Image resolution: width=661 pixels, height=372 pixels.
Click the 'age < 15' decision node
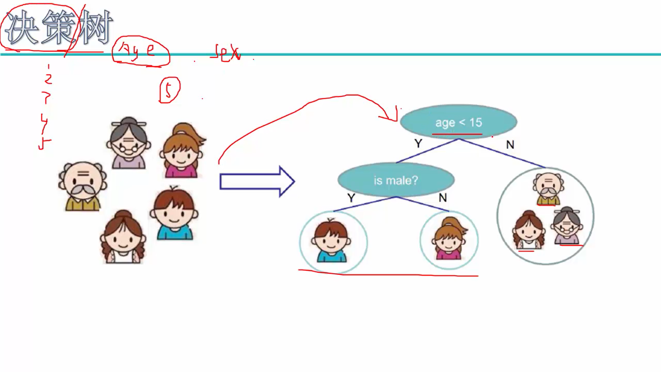coord(458,122)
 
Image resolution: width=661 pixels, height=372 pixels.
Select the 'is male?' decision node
coord(396,180)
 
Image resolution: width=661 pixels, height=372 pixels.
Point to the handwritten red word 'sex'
coord(226,53)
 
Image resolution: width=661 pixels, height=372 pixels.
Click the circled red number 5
coord(169,90)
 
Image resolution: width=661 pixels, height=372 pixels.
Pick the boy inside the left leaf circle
coord(331,242)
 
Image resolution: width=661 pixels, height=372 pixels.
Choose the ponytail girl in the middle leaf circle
coord(449,239)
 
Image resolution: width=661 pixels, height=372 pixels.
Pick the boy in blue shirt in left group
coord(174,214)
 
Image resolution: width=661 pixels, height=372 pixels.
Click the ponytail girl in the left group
coord(182,151)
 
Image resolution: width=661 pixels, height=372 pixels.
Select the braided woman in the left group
coord(123,237)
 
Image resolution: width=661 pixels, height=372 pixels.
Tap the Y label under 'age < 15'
coord(418,143)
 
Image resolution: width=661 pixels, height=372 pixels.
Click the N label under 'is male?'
coord(442,198)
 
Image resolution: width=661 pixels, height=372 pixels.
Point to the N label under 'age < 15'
coord(510,145)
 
